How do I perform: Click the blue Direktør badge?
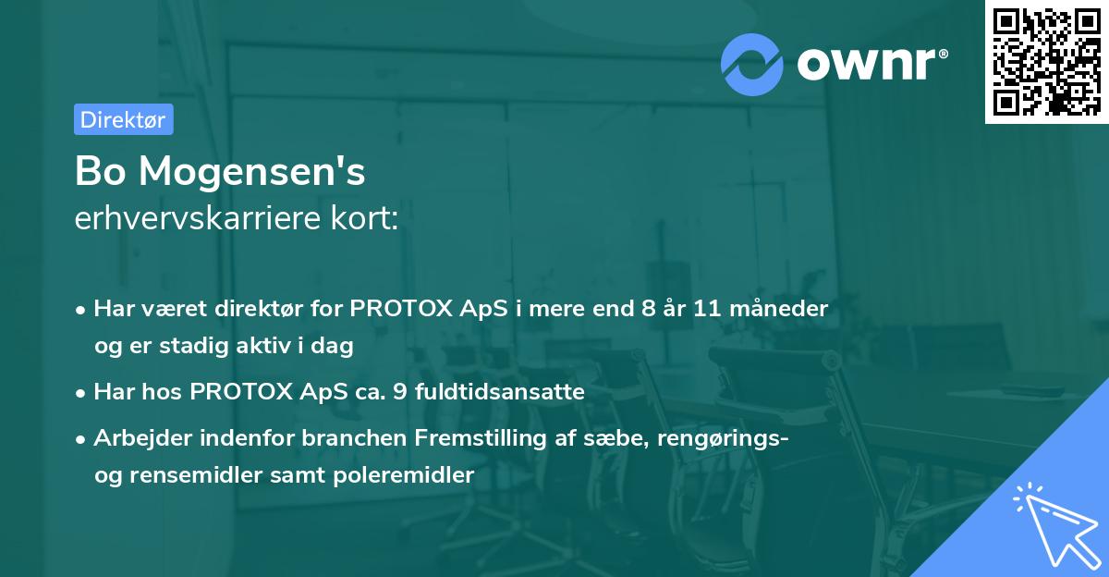point(124,119)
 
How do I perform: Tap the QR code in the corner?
point(1046,62)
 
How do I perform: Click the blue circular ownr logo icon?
point(751,65)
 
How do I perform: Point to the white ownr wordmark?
point(867,65)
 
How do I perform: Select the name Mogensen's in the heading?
point(252,172)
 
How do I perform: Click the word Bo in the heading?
point(100,171)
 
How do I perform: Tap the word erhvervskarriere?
point(198,218)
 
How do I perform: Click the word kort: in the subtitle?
point(364,218)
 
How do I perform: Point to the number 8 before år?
point(649,309)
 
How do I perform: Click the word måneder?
point(779,309)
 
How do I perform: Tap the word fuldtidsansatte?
point(500,391)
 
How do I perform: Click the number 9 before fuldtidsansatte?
point(400,392)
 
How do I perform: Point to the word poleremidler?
point(404,475)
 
